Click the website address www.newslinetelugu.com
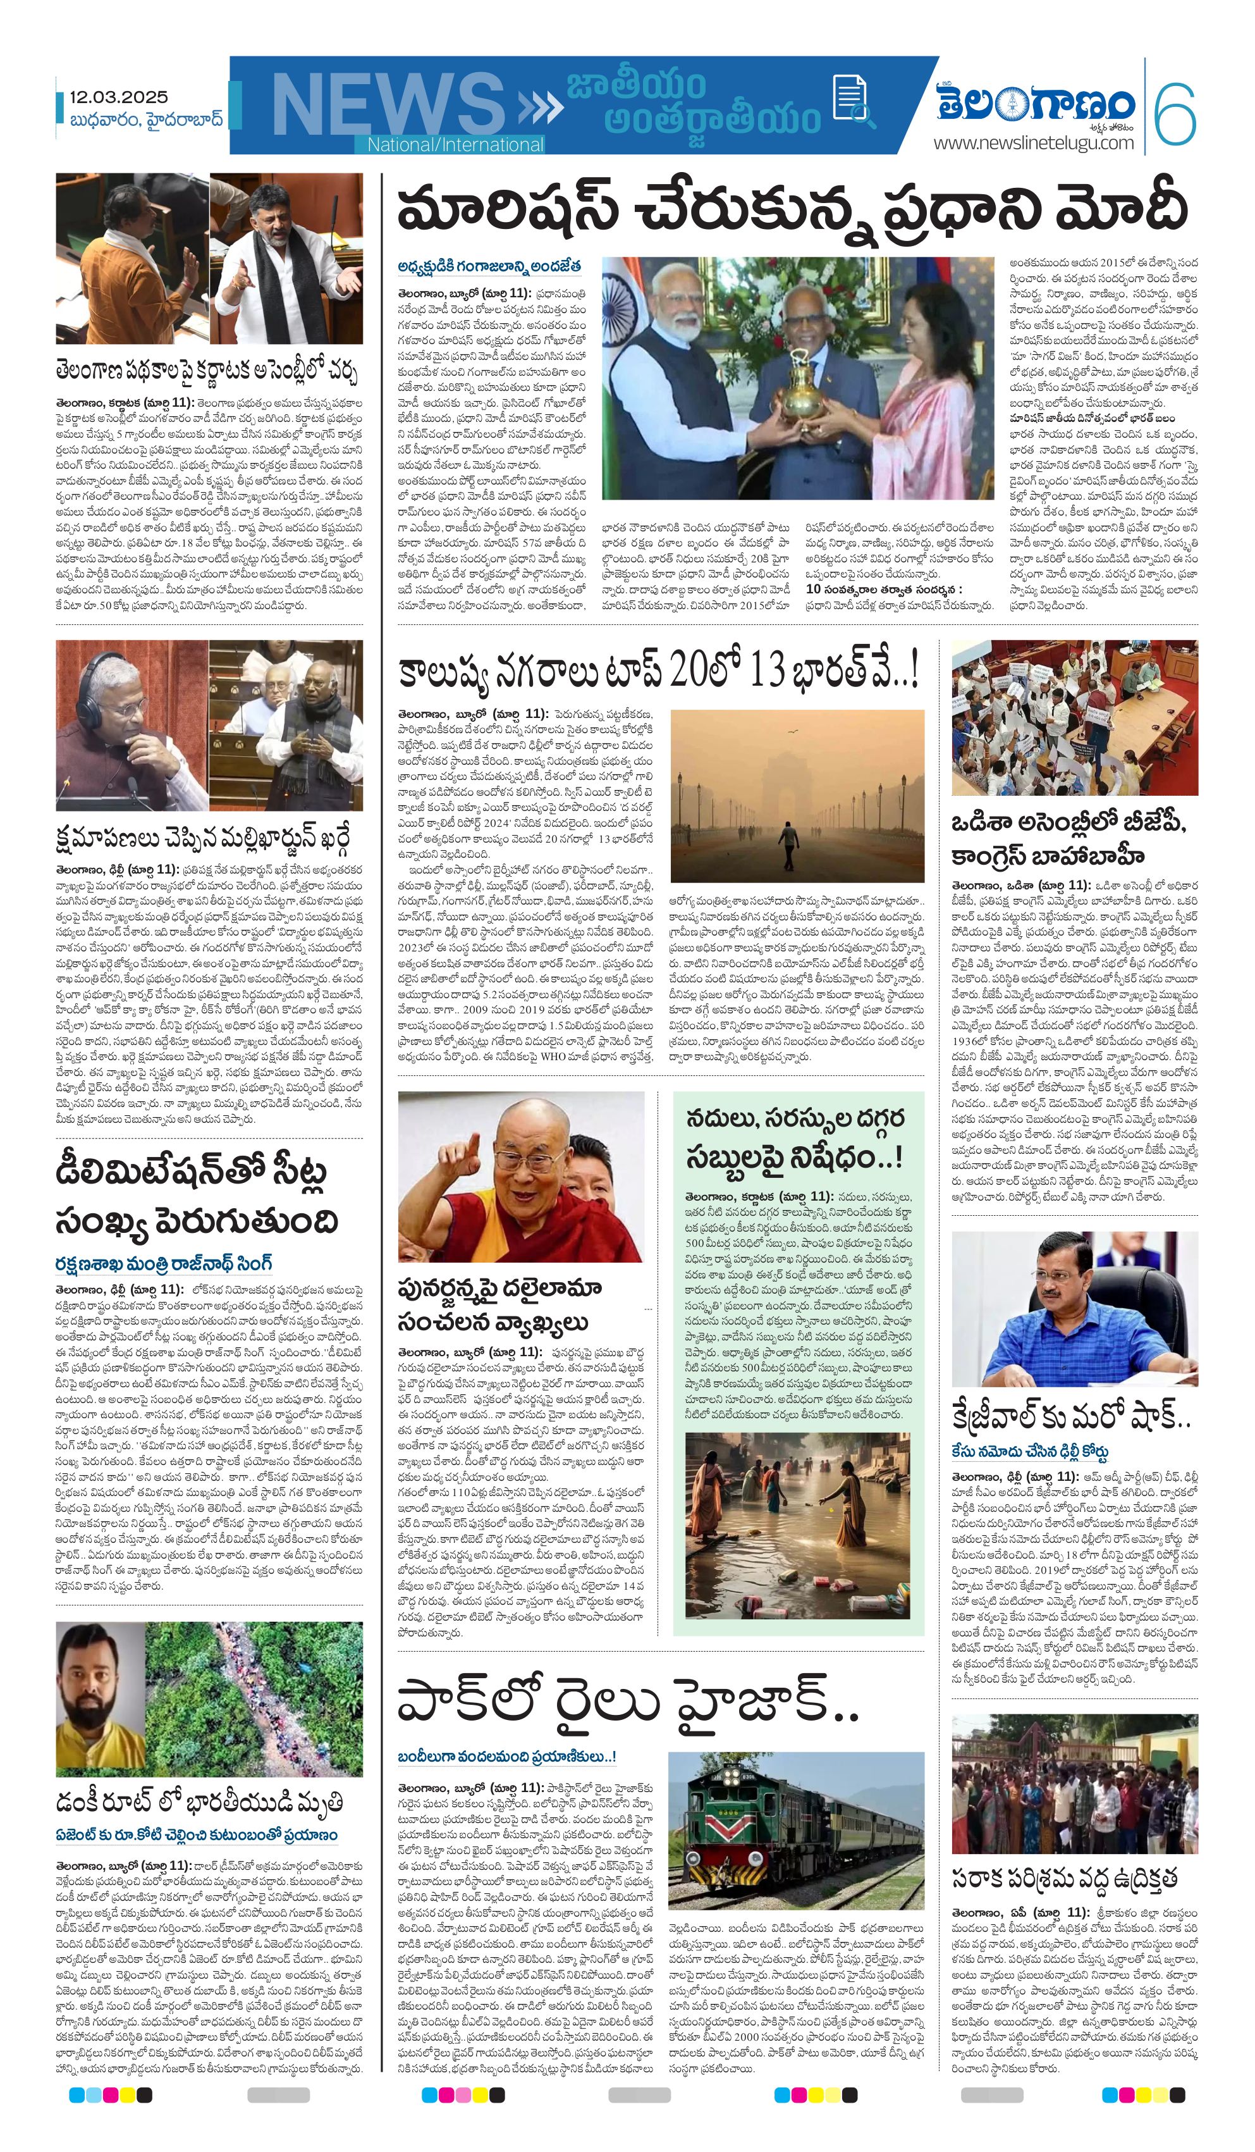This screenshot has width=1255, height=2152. point(1033,144)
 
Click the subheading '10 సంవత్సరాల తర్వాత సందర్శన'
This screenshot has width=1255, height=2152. point(884,590)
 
